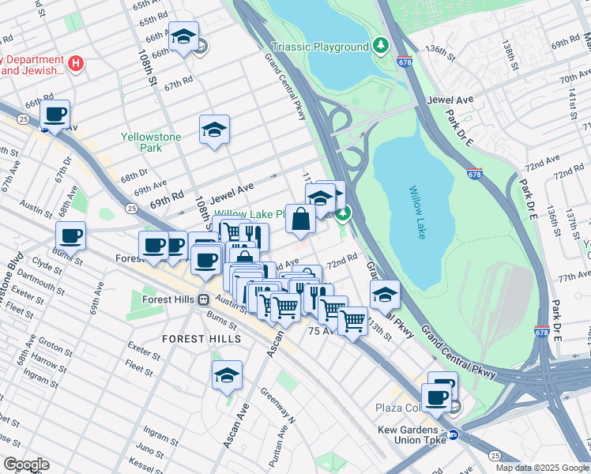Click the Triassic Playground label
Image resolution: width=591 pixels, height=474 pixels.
[320, 47]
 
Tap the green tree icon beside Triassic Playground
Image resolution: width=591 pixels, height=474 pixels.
[381, 46]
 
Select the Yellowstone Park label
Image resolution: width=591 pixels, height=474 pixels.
[151, 142]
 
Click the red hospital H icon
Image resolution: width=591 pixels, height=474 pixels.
[76, 63]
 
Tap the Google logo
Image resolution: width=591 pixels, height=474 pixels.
[25, 465]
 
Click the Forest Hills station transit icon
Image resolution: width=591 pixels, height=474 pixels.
[204, 299]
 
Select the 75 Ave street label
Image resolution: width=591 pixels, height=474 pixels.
[326, 332]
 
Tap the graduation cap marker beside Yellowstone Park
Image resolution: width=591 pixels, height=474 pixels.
[213, 130]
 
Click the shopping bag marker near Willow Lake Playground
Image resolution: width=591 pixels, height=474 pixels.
[301, 219]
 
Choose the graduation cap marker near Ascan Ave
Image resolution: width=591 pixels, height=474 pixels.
[227, 374]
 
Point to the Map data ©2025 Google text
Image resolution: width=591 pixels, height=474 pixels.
[542, 468]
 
